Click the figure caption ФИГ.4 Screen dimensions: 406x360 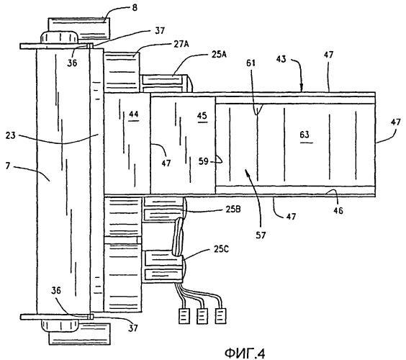click(245, 354)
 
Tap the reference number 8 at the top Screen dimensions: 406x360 click(135, 8)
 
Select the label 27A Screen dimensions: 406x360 click(181, 45)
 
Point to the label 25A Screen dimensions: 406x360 click(219, 55)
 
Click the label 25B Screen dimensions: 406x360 click(233, 210)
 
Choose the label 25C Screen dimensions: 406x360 click(221, 249)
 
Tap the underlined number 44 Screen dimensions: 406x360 click(134, 114)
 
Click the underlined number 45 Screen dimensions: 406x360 click(202, 115)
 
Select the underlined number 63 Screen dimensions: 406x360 click(304, 135)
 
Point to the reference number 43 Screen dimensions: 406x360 click(281, 59)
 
